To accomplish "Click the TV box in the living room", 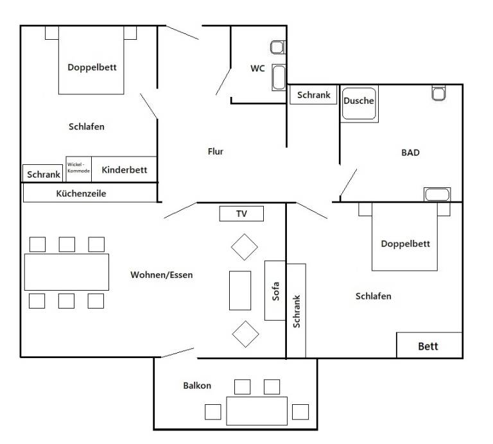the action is (x=241, y=214).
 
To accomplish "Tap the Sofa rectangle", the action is (x=275, y=291).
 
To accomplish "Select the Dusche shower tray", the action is (x=359, y=104).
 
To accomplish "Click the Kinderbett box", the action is (x=124, y=169).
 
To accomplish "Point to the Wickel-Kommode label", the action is (x=78, y=167).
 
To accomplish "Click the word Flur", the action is (x=216, y=151).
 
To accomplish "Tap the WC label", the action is (x=257, y=69).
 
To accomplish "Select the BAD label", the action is (x=410, y=153).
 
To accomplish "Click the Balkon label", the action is (x=197, y=386).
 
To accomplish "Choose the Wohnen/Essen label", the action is (x=162, y=275).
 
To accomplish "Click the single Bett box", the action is (x=429, y=345).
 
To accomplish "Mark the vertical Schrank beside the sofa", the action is (x=296, y=311).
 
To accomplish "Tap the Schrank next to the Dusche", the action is (x=313, y=94).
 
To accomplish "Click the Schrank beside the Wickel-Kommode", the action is (x=43, y=173).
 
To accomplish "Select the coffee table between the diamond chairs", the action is (x=240, y=291).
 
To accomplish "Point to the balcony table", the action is (x=257, y=411).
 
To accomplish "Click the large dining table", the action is (x=67, y=272).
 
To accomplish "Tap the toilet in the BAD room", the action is (x=438, y=93).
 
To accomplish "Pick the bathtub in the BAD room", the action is (x=437, y=194).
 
